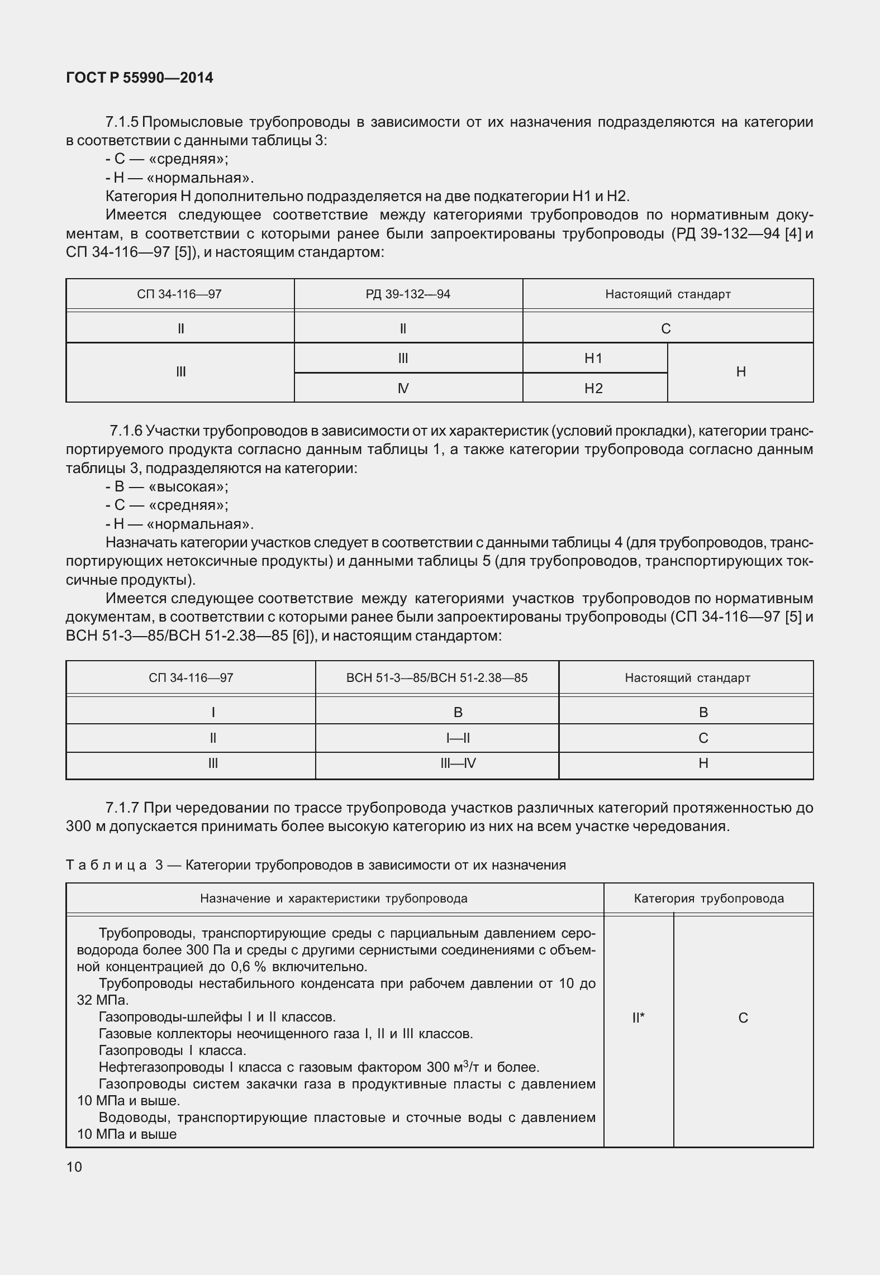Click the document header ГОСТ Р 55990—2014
pyautogui.click(x=139, y=78)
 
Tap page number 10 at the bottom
pyautogui.click(x=74, y=1167)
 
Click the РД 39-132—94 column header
pyautogui.click(x=408, y=294)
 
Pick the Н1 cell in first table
pyautogui.click(x=593, y=359)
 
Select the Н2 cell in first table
pyautogui.click(x=593, y=388)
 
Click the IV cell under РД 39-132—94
pyautogui.click(x=403, y=388)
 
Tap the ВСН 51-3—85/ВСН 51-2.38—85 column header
pyautogui.click(x=436, y=678)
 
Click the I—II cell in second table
pyautogui.click(x=458, y=738)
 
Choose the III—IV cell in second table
pyautogui.click(x=458, y=763)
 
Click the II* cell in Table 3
pyautogui.click(x=638, y=1018)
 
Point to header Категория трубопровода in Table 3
pyautogui.click(x=708, y=899)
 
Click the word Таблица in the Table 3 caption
pyautogui.click(x=106, y=865)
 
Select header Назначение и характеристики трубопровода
pyautogui.click(x=334, y=899)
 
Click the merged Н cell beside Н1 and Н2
pyautogui.click(x=740, y=372)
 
